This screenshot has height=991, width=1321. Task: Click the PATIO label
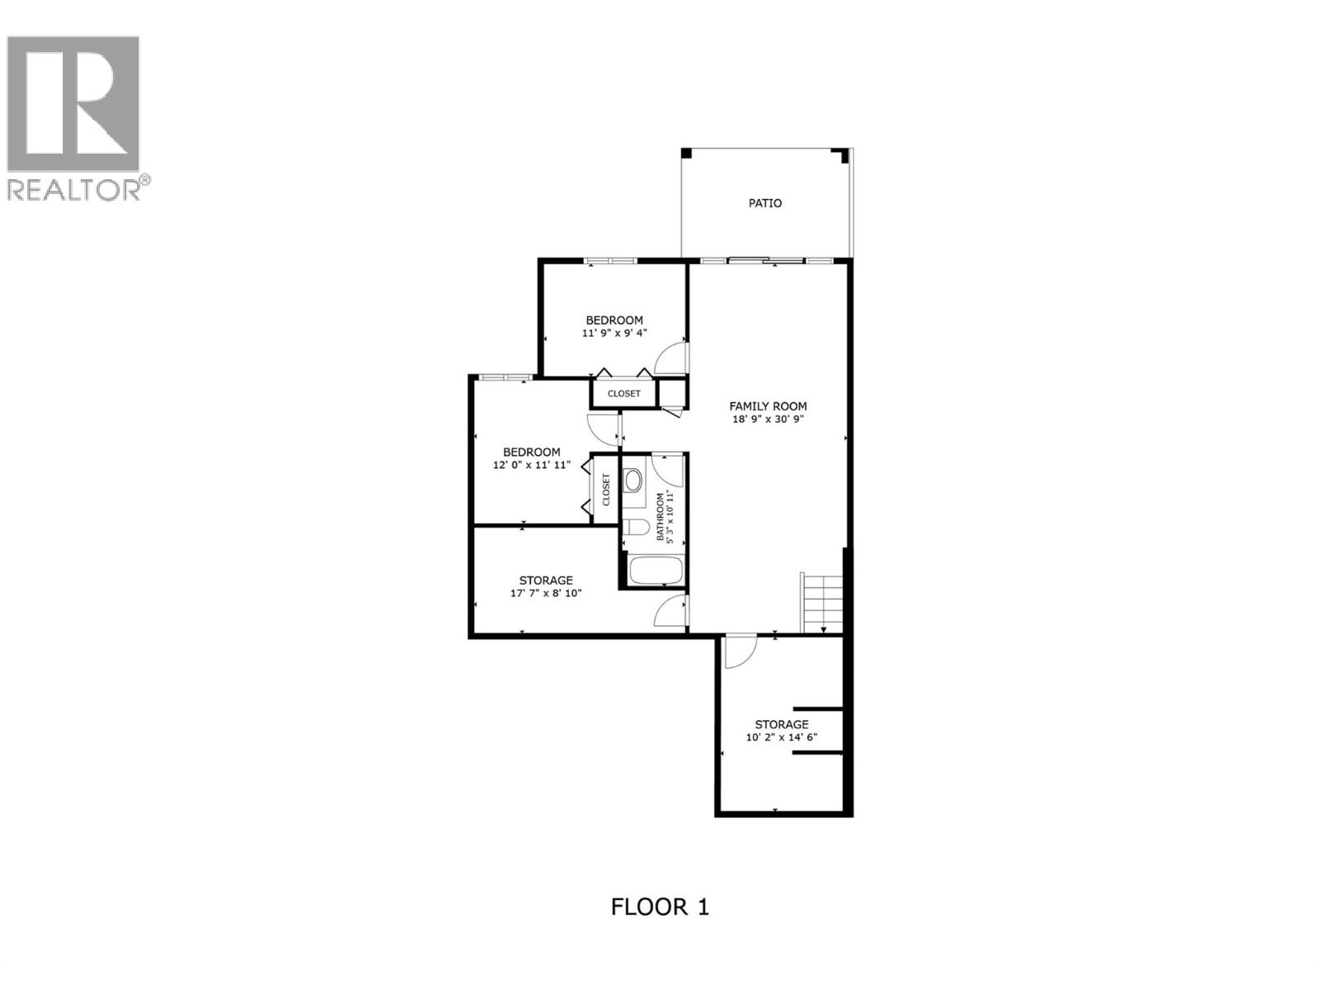765,203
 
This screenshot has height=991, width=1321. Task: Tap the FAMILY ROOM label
768,406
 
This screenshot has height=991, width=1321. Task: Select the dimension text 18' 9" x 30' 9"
768,420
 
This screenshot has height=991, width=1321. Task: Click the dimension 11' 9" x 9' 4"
614,334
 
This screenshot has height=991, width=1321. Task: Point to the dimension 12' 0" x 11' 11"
532,466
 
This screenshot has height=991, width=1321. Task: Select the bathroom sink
633,481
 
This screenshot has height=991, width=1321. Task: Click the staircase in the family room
822,602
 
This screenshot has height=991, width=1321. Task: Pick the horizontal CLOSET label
623,394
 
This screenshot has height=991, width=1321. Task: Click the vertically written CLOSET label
606,490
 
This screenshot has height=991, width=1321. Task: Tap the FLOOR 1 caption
660,908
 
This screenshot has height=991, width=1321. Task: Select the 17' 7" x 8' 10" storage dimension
546,593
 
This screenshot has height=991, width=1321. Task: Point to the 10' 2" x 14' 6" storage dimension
781,737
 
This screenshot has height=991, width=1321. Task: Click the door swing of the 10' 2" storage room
737,652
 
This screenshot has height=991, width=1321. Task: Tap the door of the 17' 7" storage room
671,610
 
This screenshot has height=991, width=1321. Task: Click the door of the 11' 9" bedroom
671,358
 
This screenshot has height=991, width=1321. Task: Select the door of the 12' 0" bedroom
604,426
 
